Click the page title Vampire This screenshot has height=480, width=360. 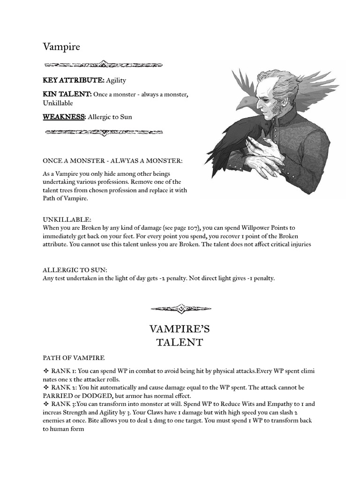tap(61, 47)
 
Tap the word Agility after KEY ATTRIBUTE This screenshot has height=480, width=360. tap(116, 81)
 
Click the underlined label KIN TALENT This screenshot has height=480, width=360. tap(67, 94)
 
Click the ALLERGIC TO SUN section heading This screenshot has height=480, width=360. tap(75, 270)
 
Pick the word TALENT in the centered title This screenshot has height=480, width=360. tap(180, 342)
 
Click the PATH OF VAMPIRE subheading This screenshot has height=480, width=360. tap(74, 358)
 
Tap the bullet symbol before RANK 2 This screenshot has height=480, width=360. tap(46, 388)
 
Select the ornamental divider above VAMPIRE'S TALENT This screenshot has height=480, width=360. tap(180, 308)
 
